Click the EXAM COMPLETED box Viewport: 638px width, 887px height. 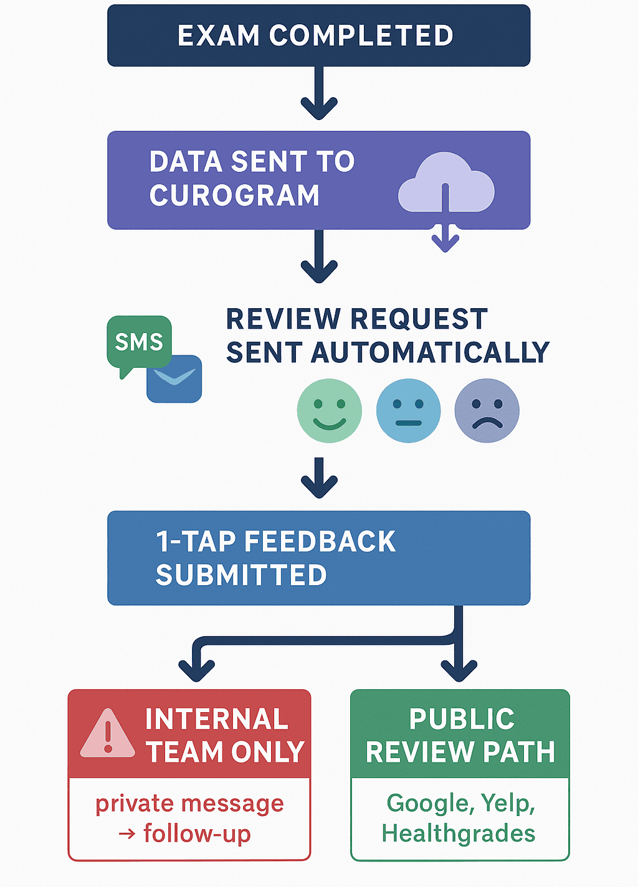tap(318, 35)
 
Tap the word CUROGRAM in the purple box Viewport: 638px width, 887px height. tap(234, 195)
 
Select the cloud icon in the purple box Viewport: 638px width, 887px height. tap(446, 185)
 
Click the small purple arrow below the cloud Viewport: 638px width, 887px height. tap(445, 240)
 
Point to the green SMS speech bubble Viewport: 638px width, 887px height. tap(138, 342)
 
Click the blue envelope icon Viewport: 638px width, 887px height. tap(175, 378)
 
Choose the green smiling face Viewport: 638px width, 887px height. tap(329, 411)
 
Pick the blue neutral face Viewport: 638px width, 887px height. tap(408, 411)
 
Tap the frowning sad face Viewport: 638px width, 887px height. tap(487, 411)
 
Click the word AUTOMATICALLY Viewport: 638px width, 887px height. tap(430, 353)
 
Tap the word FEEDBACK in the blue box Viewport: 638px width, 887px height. tap(320, 542)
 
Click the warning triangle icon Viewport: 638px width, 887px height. tap(108, 734)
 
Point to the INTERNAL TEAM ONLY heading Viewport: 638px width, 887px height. tap(224, 736)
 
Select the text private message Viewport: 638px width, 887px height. tap(189, 804)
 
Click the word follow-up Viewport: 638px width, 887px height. tap(197, 833)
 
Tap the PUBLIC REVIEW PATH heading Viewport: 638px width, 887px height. tap(460, 736)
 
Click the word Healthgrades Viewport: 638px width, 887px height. tap(459, 833)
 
